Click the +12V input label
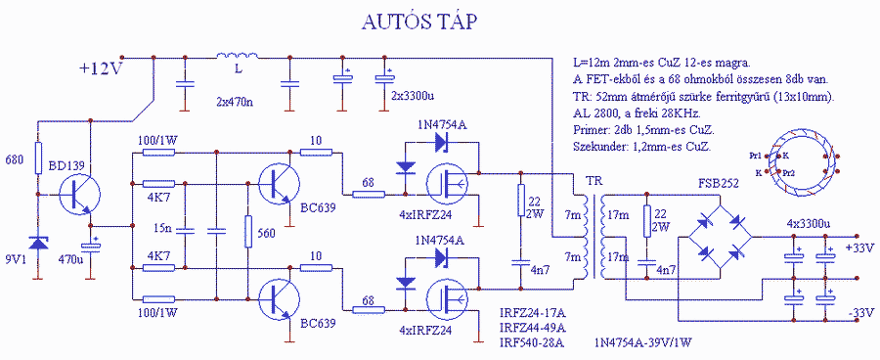(101, 68)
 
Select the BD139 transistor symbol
(79, 195)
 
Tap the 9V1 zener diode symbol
(37, 243)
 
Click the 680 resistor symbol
(37, 157)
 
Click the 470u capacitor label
(71, 259)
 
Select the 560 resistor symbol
(248, 232)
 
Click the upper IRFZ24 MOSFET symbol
(447, 183)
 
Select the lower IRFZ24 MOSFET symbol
(447, 298)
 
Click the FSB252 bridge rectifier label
(719, 183)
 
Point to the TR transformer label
(594, 181)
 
